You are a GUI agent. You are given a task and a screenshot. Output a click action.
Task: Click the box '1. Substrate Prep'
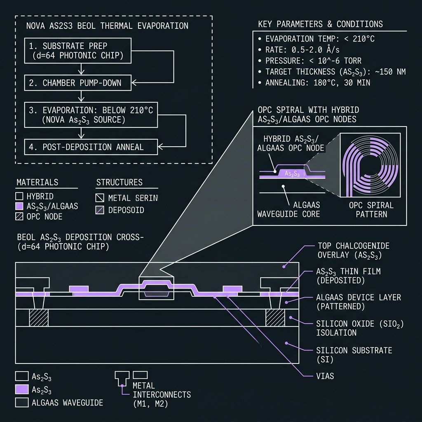(78, 51)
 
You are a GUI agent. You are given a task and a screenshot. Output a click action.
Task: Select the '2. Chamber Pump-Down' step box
(78, 83)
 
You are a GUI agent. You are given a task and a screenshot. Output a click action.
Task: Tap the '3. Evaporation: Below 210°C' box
(91, 115)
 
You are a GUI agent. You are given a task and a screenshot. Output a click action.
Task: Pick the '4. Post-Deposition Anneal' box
(91, 147)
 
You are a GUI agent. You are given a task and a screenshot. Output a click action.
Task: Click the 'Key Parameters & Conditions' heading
(320, 24)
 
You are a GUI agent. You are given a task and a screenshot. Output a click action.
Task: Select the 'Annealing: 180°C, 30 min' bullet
(314, 82)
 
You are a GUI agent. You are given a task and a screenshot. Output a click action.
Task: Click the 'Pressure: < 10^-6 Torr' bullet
(310, 61)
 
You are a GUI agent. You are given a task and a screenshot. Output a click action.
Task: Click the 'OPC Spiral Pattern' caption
(371, 210)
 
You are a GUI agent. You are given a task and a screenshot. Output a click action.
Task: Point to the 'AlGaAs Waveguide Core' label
(288, 210)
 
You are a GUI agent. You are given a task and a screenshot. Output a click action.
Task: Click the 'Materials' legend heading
(38, 183)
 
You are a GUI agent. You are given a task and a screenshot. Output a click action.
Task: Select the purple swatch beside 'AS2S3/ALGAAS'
(19, 206)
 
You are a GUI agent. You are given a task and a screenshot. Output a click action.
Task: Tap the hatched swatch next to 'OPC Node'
(19, 217)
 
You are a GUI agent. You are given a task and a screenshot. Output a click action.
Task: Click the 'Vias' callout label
(325, 376)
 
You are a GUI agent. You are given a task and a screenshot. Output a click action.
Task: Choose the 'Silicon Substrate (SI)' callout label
(354, 355)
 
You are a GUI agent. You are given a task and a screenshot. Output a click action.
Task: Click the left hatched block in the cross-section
(39, 318)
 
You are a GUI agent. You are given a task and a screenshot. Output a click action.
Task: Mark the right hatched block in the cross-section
(275, 318)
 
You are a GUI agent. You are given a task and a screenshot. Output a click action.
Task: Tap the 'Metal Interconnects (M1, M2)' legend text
(162, 394)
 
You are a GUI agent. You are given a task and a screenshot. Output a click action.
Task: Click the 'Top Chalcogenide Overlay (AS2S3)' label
(353, 251)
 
